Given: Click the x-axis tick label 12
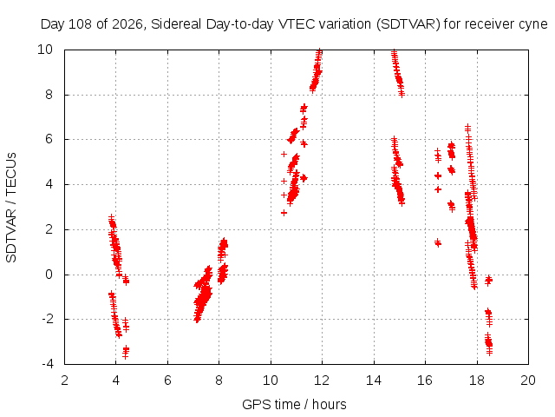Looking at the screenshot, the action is [322, 381].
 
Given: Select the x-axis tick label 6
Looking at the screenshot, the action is [167, 381].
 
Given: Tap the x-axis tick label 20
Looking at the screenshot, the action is [528, 381].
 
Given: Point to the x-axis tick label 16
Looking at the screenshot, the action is [425, 381].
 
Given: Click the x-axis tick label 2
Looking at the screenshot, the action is [64, 381].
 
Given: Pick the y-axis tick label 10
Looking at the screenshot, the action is [45, 50].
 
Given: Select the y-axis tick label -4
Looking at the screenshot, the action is [48, 364].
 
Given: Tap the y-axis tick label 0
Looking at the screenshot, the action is [49, 275].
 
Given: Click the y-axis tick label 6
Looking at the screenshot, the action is [49, 139].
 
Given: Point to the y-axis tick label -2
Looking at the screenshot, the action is [48, 319].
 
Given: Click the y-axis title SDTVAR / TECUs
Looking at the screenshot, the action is [11, 208].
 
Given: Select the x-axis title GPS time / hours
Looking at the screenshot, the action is [294, 404].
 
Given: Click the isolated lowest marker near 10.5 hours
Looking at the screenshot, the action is [284, 213].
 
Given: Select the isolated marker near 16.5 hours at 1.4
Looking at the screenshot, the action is [438, 243].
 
